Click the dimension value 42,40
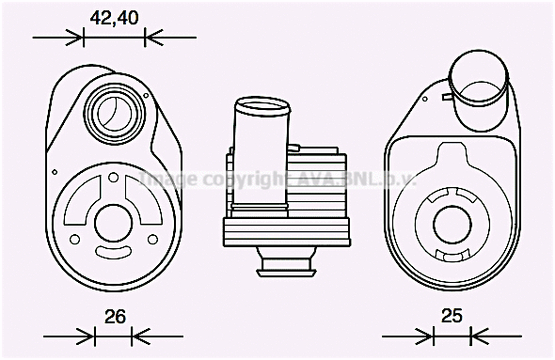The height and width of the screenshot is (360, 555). (x=114, y=16)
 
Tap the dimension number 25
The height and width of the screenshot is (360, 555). (x=452, y=316)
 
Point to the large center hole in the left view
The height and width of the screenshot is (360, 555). (x=114, y=226)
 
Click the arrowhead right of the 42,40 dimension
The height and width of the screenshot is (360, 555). (x=152, y=38)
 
